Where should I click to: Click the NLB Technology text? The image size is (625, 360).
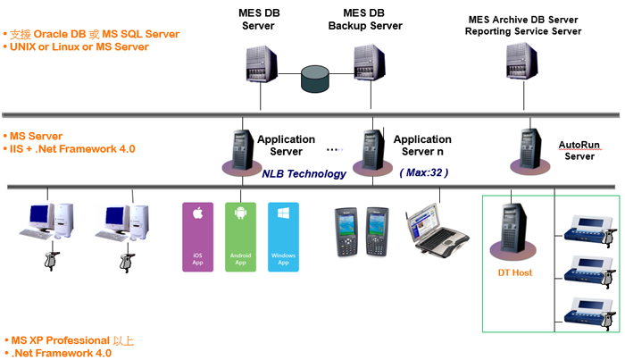tap(304, 173)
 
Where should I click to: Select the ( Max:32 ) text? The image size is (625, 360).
tap(424, 172)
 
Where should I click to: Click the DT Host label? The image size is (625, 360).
tap(515, 272)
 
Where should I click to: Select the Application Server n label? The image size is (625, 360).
tap(422, 145)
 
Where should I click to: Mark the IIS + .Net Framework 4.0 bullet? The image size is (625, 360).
tap(71, 149)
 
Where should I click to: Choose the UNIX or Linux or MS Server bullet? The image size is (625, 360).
tap(77, 46)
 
